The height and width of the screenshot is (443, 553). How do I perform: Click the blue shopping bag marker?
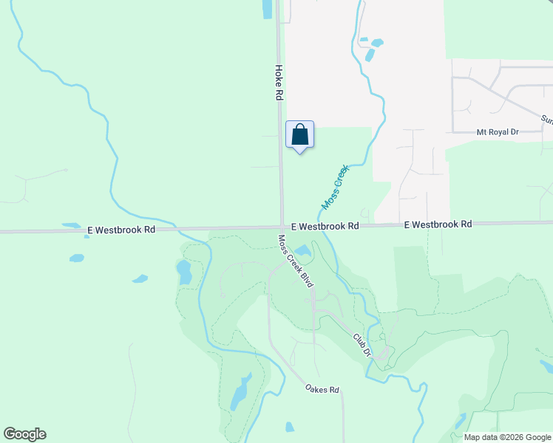pyautogui.click(x=299, y=135)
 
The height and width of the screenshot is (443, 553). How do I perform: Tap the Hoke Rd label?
pyautogui.click(x=279, y=82)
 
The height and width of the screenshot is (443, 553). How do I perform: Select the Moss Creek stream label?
pyautogui.click(x=334, y=187)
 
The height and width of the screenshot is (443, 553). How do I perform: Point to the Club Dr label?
pyautogui.click(x=360, y=346)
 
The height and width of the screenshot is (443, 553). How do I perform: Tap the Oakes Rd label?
pyautogui.click(x=322, y=388)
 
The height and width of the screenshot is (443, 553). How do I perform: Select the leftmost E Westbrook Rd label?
pyautogui.click(x=121, y=230)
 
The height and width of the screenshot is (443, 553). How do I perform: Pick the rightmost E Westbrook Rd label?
pyautogui.click(x=438, y=224)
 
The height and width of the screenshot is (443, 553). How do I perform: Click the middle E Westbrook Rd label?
pyautogui.click(x=325, y=226)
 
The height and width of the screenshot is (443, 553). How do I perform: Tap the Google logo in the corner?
pyautogui.click(x=24, y=434)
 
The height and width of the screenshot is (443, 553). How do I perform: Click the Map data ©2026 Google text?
pyautogui.click(x=508, y=437)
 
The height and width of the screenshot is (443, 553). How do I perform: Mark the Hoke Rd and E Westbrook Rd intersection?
pyautogui.click(x=282, y=227)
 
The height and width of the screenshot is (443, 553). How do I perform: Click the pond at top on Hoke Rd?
pyautogui.click(x=266, y=8)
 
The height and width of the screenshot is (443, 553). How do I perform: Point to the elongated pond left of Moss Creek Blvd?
pyautogui.click(x=183, y=272)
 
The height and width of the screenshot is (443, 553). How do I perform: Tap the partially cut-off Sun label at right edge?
pyautogui.click(x=546, y=118)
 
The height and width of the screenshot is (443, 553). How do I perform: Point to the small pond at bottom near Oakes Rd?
pyautogui.click(x=290, y=427)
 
